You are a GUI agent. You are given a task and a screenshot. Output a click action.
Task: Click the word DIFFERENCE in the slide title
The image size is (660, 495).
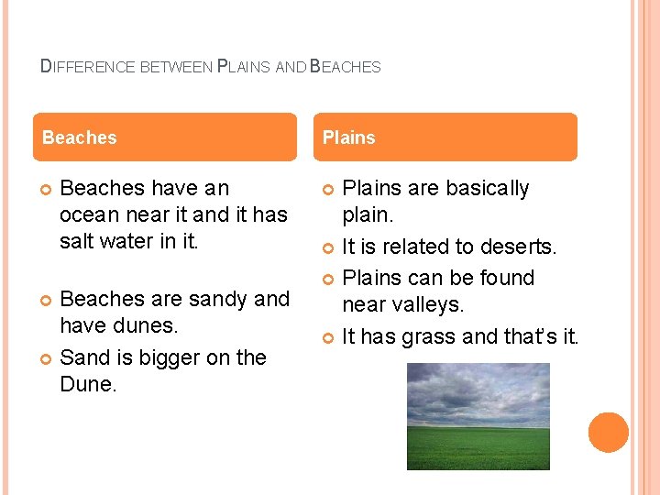coord(88,67)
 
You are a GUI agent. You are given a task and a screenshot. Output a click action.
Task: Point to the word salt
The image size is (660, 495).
coord(77,241)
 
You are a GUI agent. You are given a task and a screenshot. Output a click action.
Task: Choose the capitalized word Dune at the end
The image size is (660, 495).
coord(86,384)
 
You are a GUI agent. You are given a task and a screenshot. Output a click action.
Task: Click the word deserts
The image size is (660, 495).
coord(518,247)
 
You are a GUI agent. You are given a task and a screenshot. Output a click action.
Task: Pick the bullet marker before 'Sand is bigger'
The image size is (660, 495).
coord(47,358)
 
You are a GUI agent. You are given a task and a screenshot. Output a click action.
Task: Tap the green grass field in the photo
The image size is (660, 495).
coord(478,448)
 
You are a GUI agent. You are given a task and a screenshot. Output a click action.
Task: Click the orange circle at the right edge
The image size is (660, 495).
coord(609,433)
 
